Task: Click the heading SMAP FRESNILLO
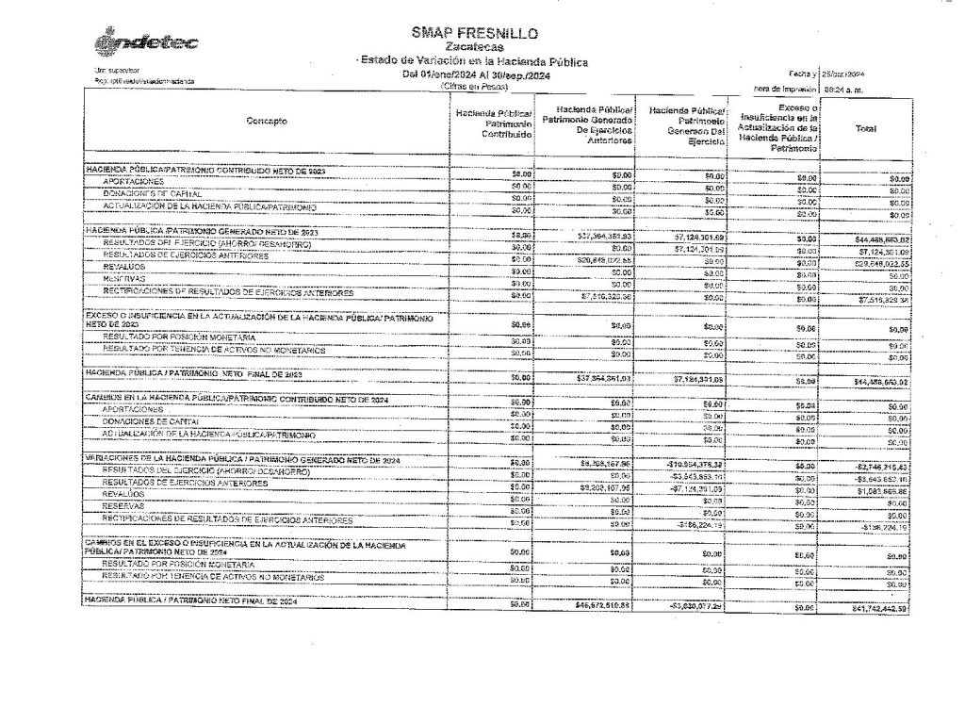tap(475, 33)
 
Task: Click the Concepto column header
tap(268, 122)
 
